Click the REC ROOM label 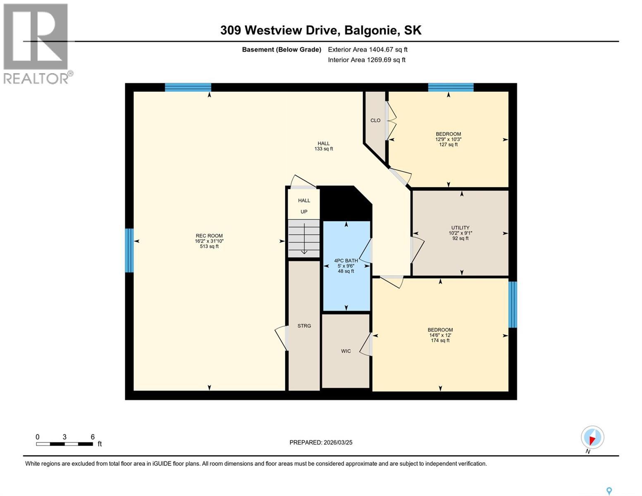click(209, 236)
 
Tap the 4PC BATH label click(346, 261)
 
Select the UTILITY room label click(460, 228)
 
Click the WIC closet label click(346, 351)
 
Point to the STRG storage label click(304, 326)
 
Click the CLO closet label click(375, 121)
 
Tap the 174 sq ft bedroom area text click(440, 341)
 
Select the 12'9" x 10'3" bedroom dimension click(449, 139)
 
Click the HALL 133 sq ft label click(324, 146)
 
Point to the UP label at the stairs click(304, 212)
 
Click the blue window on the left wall click(129, 250)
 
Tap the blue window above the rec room click(188, 87)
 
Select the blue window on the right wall click(513, 305)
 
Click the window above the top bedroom click(451, 87)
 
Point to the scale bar click(64, 444)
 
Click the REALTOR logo click(36, 43)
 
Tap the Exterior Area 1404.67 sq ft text click(368, 50)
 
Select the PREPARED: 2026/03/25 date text click(321, 443)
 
